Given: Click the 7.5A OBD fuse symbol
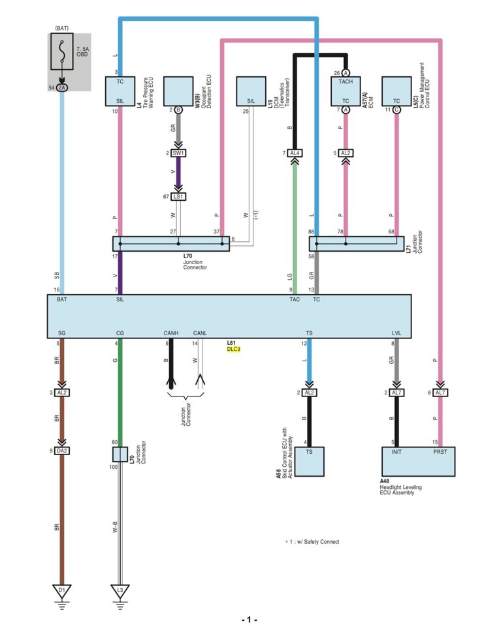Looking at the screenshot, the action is [x=62, y=52].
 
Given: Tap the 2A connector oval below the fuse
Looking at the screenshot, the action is [x=61, y=87].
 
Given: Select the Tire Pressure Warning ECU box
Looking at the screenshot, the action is [x=120, y=91].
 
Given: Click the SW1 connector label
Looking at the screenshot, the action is [x=178, y=153].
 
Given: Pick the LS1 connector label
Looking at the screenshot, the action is [x=178, y=196].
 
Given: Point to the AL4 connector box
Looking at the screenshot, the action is [x=295, y=153].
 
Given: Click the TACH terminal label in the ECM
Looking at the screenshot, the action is [x=346, y=82].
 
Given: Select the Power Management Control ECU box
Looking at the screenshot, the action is [x=396, y=91].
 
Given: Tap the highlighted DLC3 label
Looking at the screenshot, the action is [x=234, y=349].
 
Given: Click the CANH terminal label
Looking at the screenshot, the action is [x=170, y=333].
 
